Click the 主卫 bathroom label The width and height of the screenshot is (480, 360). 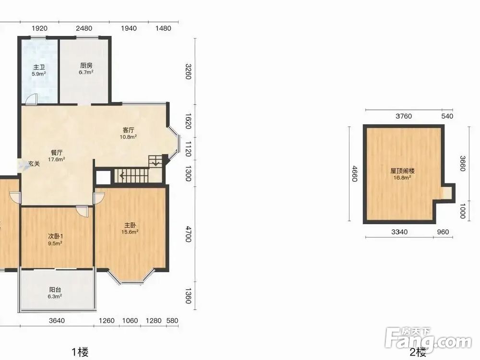coord(39,67)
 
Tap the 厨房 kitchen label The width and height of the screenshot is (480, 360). coord(86,65)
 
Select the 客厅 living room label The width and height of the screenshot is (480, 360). coord(128,130)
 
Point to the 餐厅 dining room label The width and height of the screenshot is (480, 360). coord(57,153)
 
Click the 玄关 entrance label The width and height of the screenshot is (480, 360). coord(34,164)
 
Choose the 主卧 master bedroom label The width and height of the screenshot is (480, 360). coord(130,225)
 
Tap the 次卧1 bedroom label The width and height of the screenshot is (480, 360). coord(56,236)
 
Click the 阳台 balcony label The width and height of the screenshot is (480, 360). coord(55,289)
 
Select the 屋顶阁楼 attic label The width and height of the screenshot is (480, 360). coord(402,171)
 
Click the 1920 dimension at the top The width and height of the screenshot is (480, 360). coord(40,28)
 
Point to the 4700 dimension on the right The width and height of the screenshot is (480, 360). coord(188,234)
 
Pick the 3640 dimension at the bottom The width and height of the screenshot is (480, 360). coord(57,321)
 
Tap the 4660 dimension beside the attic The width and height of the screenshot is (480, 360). coord(355,174)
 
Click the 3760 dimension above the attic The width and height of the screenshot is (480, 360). coord(404,116)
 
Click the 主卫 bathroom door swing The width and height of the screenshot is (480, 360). coord(31,99)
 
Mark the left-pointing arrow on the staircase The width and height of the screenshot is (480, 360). coord(121,176)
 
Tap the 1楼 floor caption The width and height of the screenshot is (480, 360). coord(80,352)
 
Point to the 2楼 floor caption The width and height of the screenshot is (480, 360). coord(418,352)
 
